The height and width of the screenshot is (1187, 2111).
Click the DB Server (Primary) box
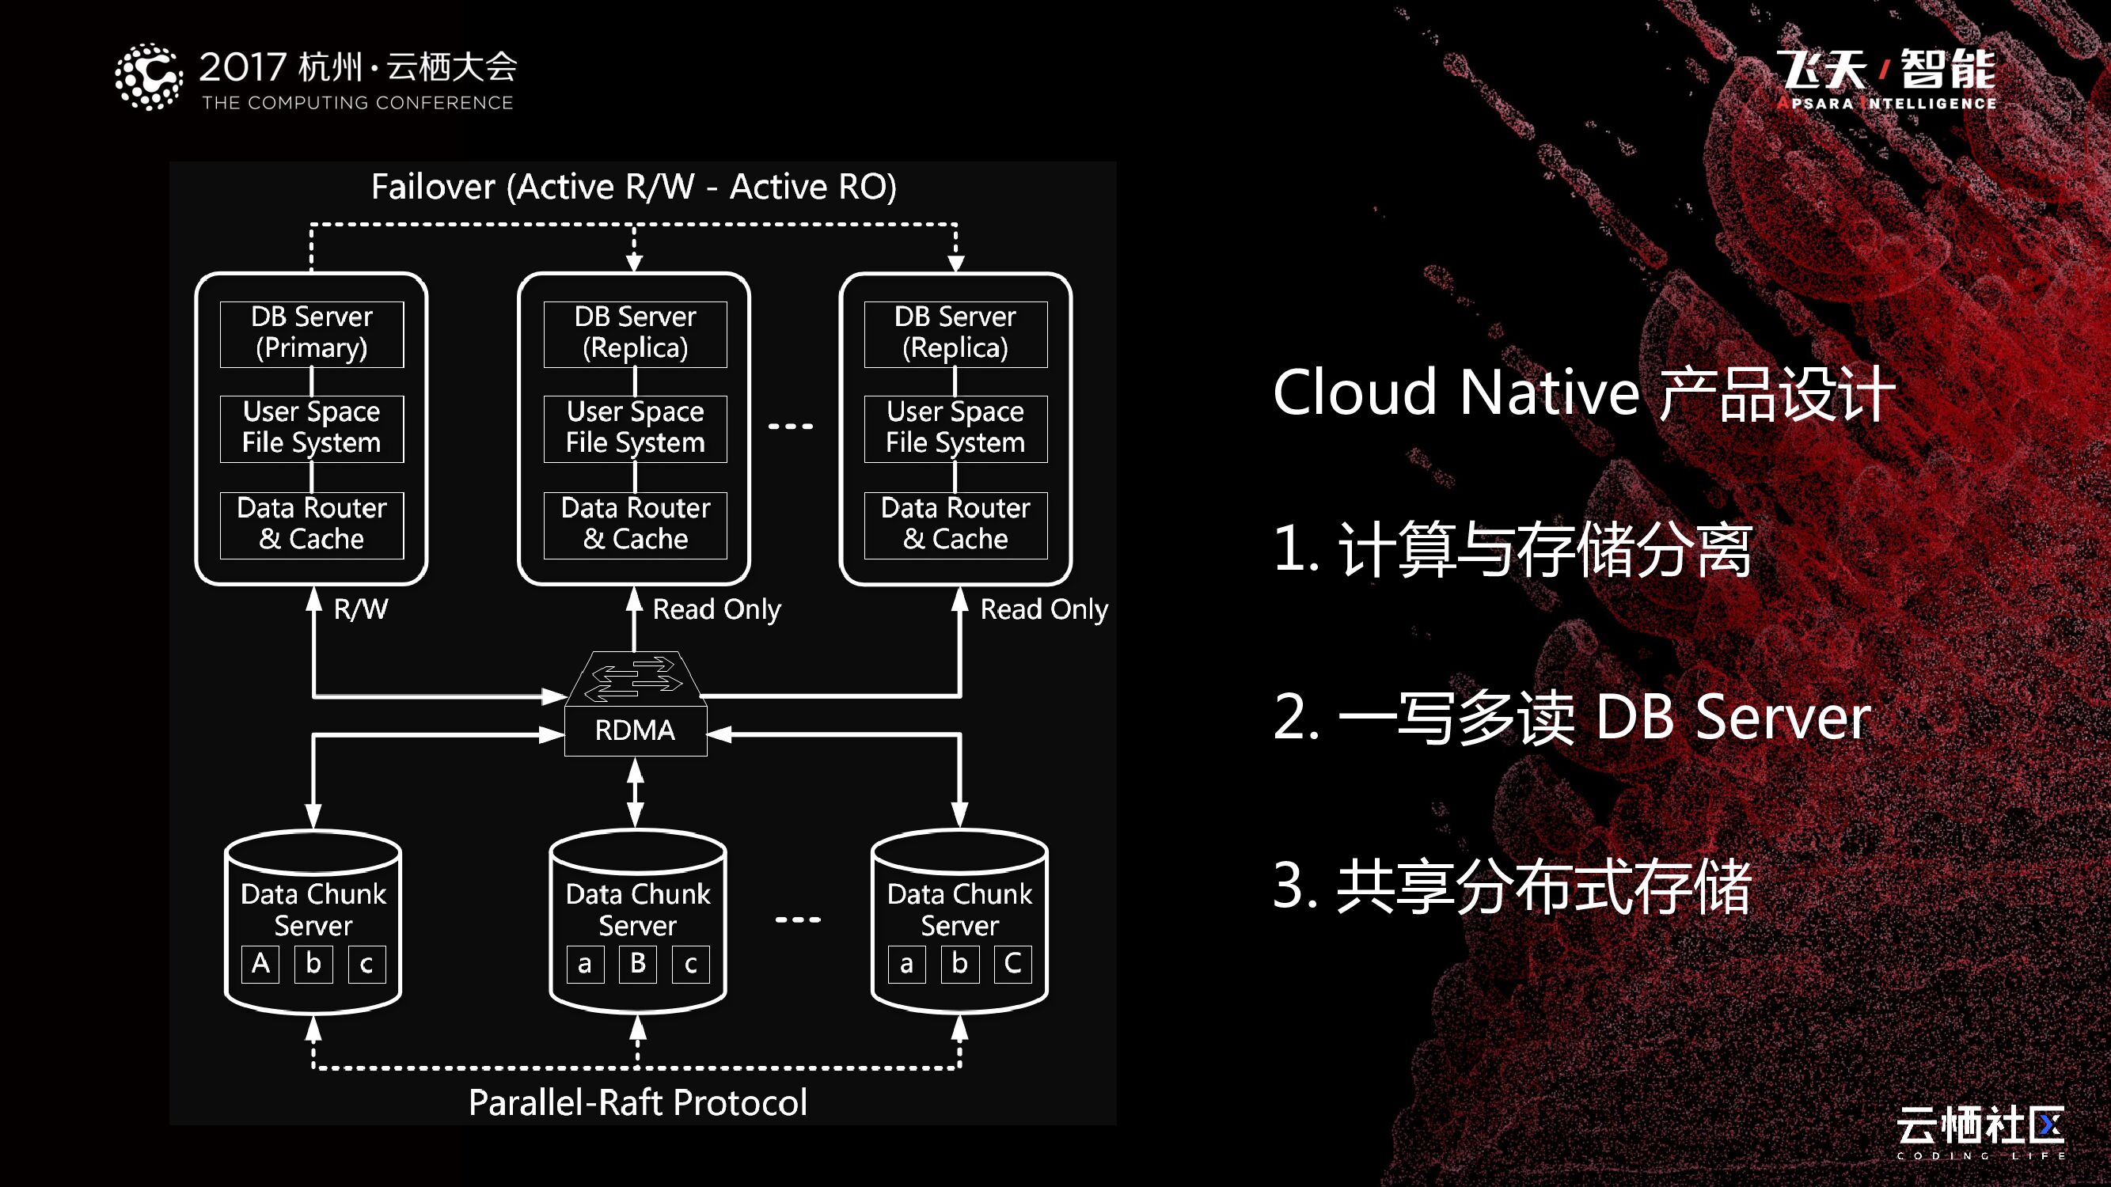coord(311,333)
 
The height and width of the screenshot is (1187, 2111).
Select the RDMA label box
coord(635,730)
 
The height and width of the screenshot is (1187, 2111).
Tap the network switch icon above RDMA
coord(635,677)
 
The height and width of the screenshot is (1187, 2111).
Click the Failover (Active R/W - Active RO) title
coord(633,187)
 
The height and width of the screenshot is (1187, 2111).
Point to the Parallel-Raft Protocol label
coord(637,1102)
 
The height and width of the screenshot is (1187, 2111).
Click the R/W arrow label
coord(361,609)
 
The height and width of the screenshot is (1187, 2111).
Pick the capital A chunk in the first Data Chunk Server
coord(260,963)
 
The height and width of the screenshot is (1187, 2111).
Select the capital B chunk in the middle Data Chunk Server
coord(637,963)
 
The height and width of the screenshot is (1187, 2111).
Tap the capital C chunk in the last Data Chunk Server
coord(1013,963)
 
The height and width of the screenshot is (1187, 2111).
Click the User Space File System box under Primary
coord(311,427)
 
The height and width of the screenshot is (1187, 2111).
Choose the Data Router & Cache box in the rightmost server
coord(955,525)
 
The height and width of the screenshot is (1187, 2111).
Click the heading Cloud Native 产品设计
coord(1583,393)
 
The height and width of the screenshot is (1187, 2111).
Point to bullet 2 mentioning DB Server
coord(1572,718)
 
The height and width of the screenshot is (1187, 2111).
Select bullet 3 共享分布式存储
coord(1512,886)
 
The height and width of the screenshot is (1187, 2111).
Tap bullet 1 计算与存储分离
coord(1512,549)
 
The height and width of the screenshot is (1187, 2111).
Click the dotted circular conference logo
coord(148,77)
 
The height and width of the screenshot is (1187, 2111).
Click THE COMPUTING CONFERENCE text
coord(357,103)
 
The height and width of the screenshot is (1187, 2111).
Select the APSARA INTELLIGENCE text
coord(1886,103)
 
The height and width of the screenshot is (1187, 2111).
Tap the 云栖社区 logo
coord(1980,1129)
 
